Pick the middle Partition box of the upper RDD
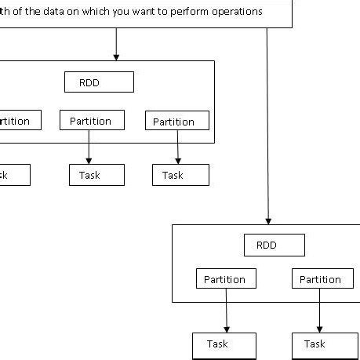[x=90, y=121]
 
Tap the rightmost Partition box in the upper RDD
[x=176, y=121]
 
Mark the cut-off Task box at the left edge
[x=13, y=175]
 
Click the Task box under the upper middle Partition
[x=96, y=175]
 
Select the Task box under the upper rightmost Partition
[x=180, y=175]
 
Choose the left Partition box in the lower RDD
[x=224, y=279]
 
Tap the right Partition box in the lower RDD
[x=320, y=279]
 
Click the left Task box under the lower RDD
[x=224, y=344]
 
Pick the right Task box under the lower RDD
[x=319, y=344]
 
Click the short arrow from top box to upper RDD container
[x=116, y=44]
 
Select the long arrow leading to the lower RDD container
[x=268, y=125]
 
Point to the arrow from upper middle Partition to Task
[x=89, y=147]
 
